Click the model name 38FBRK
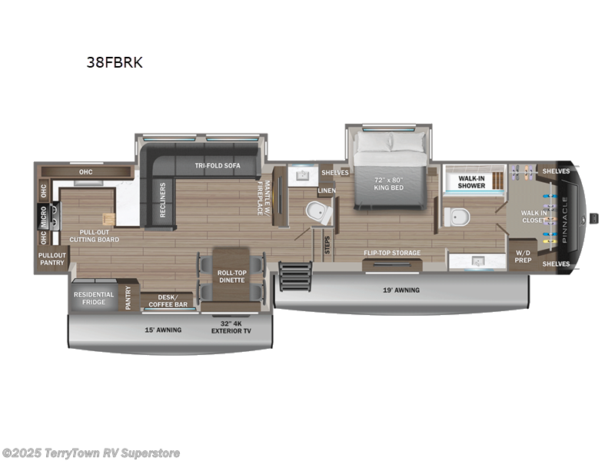click(x=115, y=63)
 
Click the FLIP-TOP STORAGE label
click(x=392, y=253)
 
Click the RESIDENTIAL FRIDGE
click(x=93, y=298)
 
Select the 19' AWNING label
click(x=401, y=290)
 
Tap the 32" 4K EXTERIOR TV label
click(x=231, y=328)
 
